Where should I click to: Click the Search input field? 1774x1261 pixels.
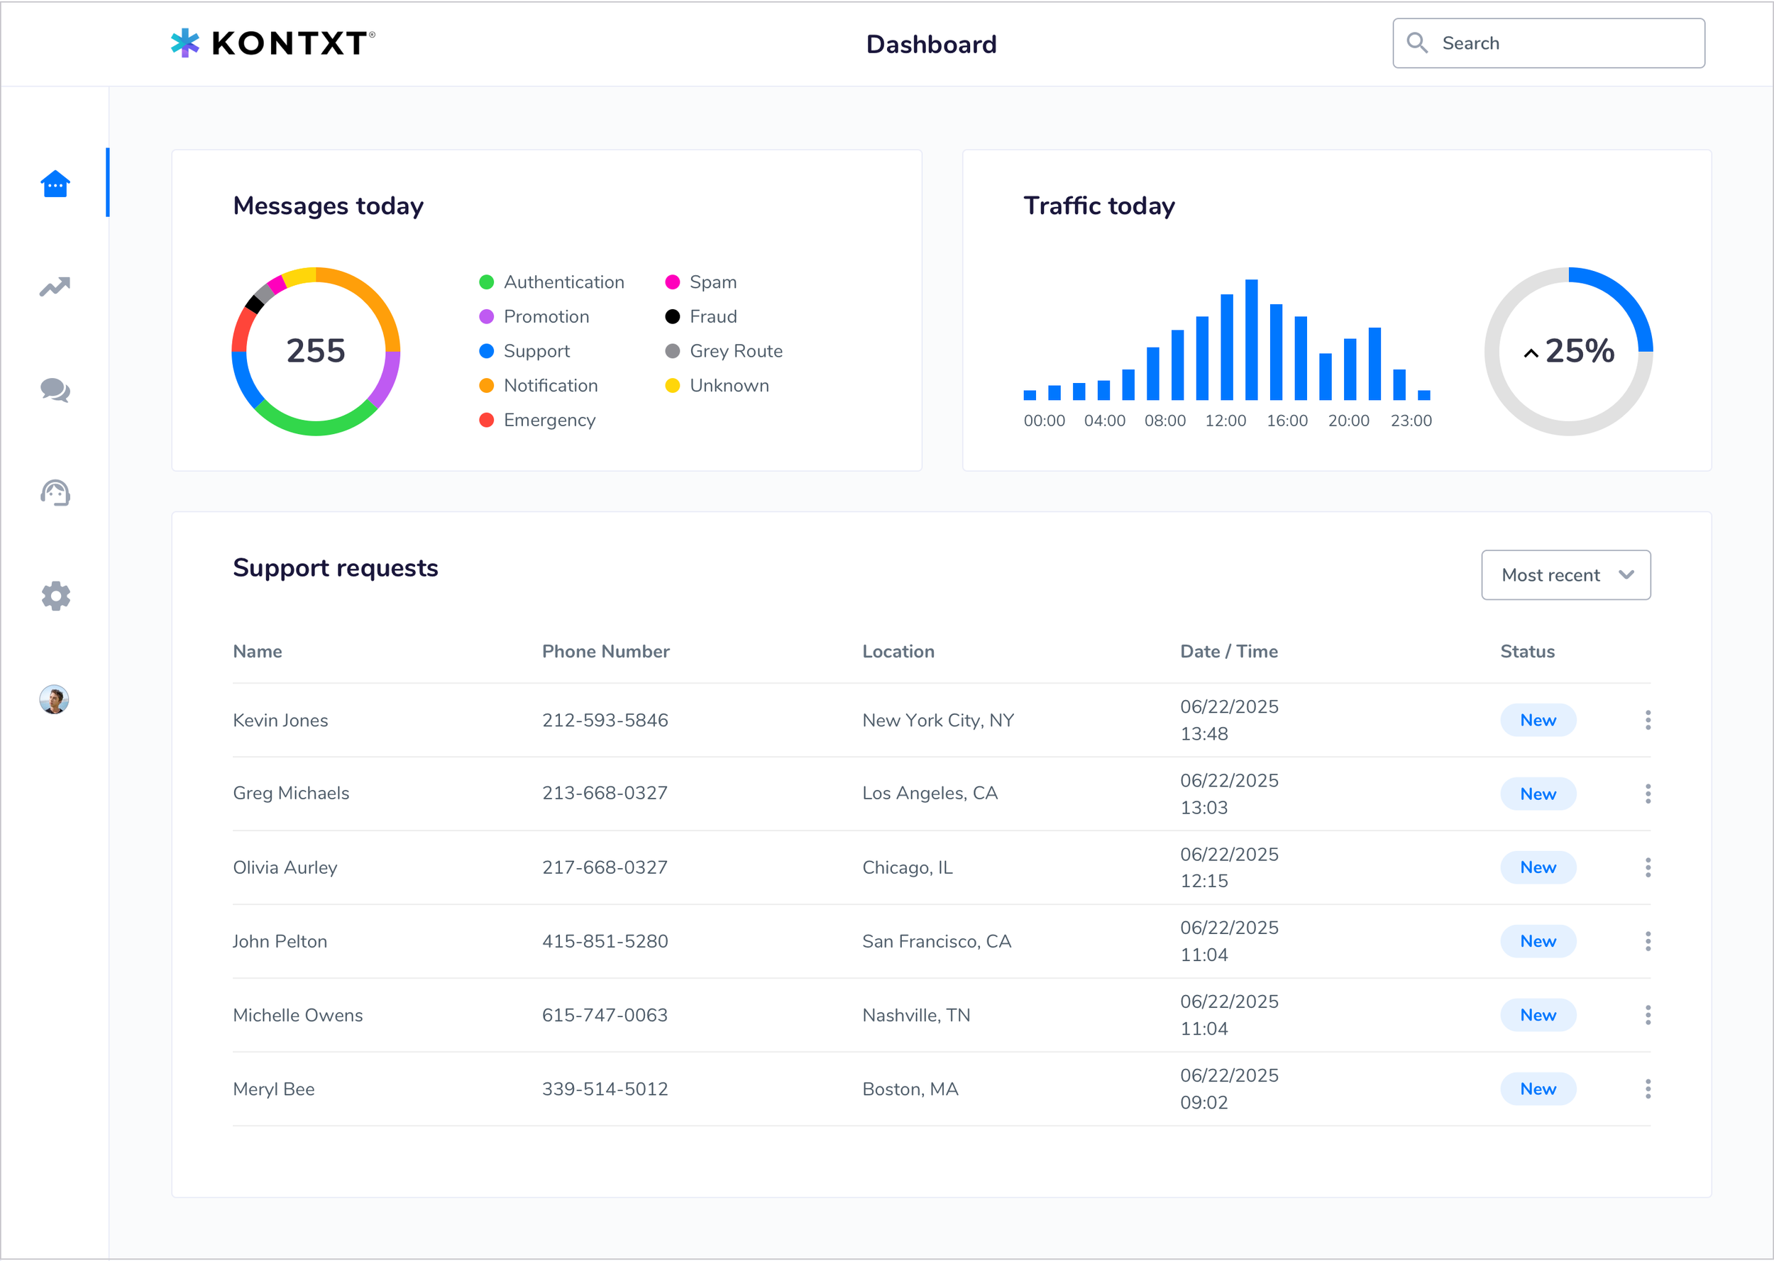(1561, 43)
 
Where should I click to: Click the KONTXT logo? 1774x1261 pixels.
(272, 43)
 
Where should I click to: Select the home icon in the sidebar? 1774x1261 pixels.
(55, 184)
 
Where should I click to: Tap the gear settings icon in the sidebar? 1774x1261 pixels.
(55, 596)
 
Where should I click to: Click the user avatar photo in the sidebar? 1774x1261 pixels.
(55, 699)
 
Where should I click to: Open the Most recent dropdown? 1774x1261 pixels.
(1565, 575)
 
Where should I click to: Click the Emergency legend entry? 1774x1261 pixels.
(549, 420)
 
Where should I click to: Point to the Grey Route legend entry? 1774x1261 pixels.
(734, 351)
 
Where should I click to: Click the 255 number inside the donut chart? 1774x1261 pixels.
(315, 351)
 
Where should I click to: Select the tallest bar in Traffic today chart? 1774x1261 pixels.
(1251, 339)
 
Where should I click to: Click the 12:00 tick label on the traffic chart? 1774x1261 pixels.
(1225, 421)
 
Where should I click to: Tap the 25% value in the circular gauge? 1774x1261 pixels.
(1578, 351)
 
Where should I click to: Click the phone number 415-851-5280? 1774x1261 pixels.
(605, 941)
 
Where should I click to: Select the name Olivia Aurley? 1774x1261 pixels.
(285, 867)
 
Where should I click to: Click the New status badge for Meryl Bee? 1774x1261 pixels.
(1537, 1089)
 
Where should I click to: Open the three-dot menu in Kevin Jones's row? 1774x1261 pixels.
(1648, 720)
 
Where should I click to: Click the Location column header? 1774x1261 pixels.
(898, 652)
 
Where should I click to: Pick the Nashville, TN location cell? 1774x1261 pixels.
(915, 1015)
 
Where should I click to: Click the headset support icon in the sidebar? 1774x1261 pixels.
(55, 493)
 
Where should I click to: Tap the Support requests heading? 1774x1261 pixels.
(336, 567)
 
